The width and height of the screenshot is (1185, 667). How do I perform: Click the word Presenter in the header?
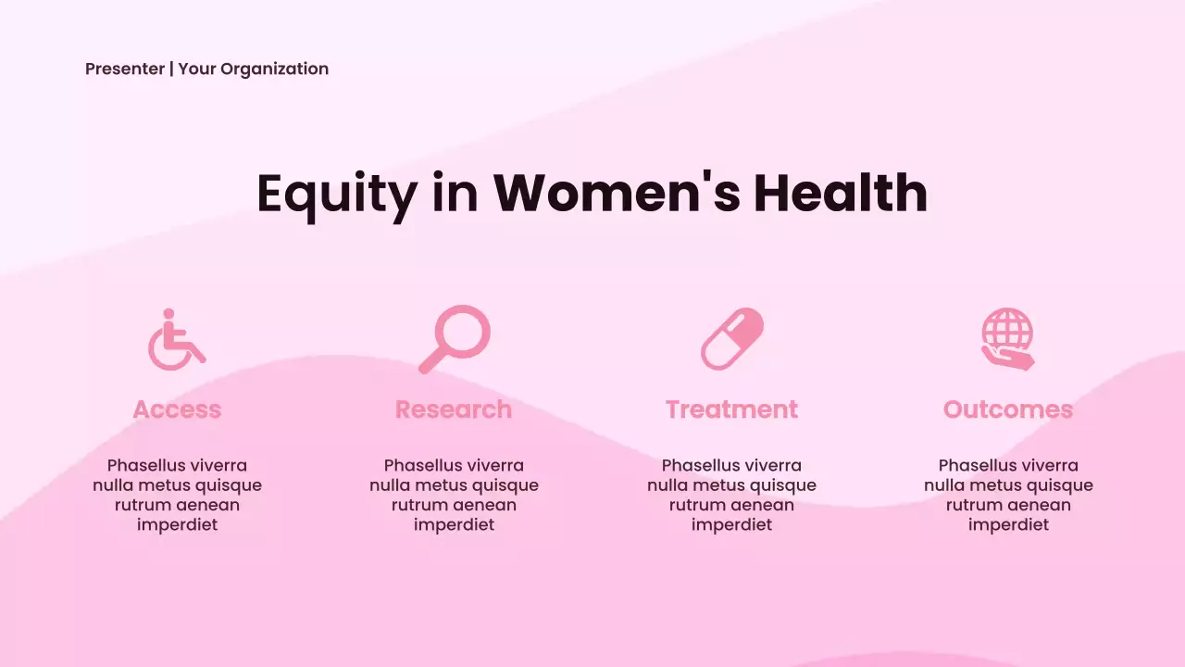click(124, 69)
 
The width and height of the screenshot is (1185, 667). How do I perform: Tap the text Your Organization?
click(253, 69)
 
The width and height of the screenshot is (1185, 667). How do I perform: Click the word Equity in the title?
click(337, 194)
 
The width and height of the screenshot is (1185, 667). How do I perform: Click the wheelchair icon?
click(176, 340)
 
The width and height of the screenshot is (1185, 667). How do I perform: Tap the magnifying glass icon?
click(454, 338)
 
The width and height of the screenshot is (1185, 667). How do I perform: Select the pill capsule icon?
click(731, 339)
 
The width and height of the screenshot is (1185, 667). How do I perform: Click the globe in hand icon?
click(1007, 339)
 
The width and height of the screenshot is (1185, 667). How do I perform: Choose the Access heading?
click(177, 409)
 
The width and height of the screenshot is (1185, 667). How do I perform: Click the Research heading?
click(454, 409)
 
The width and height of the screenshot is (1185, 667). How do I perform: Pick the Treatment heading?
click(731, 409)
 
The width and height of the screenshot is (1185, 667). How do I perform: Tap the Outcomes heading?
click(1008, 409)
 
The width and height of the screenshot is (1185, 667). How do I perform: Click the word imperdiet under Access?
click(177, 525)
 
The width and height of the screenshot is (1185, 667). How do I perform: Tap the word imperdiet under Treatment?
click(731, 525)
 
